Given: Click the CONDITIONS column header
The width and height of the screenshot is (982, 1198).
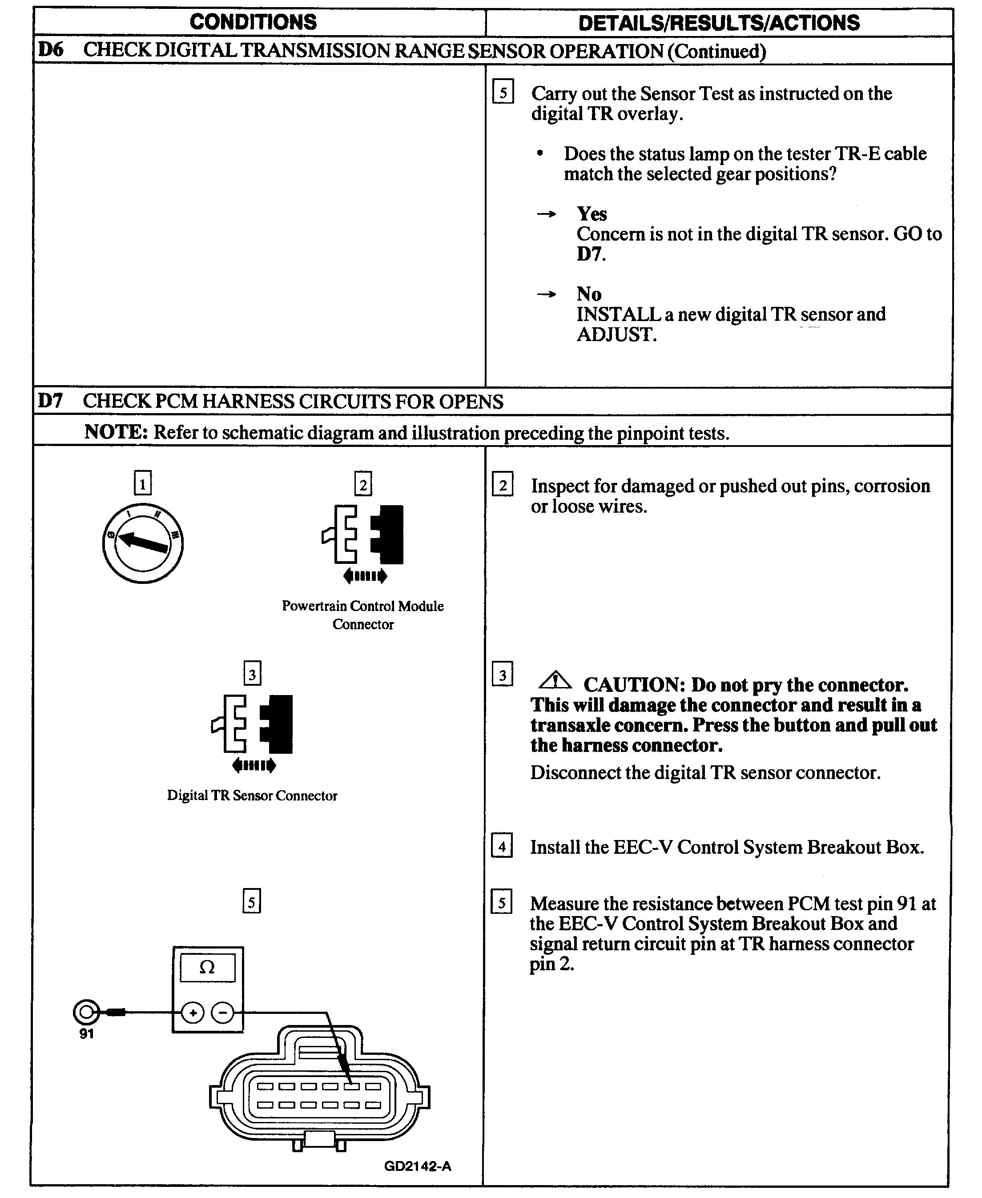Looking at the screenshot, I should tap(253, 22).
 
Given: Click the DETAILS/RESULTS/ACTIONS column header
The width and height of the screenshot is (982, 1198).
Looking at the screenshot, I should tap(718, 23).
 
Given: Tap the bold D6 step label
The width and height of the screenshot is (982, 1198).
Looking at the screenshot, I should tap(50, 50).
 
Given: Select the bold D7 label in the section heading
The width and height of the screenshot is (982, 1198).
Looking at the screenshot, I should tap(50, 401).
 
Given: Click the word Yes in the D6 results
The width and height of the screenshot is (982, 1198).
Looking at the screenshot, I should tap(592, 214).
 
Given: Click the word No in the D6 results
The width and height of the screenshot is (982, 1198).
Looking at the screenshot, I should tap(589, 294).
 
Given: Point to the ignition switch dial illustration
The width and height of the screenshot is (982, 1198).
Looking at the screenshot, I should tap(143, 543).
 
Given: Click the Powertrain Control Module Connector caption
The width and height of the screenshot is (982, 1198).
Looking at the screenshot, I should tap(362, 615).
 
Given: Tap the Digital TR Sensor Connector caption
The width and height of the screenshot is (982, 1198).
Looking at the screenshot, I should tap(252, 795).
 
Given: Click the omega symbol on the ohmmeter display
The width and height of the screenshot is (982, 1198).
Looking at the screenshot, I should tap(208, 968).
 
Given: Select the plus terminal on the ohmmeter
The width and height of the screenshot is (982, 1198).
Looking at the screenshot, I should tap(193, 1013).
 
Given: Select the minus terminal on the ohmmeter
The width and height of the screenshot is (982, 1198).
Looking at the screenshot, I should tap(222, 1013).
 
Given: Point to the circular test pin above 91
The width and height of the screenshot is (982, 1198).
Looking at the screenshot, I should tap(86, 1012).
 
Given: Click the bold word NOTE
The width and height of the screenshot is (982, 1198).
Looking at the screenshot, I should tap(115, 432).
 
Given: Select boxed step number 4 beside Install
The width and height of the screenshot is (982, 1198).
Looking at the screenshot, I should tap(502, 846).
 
